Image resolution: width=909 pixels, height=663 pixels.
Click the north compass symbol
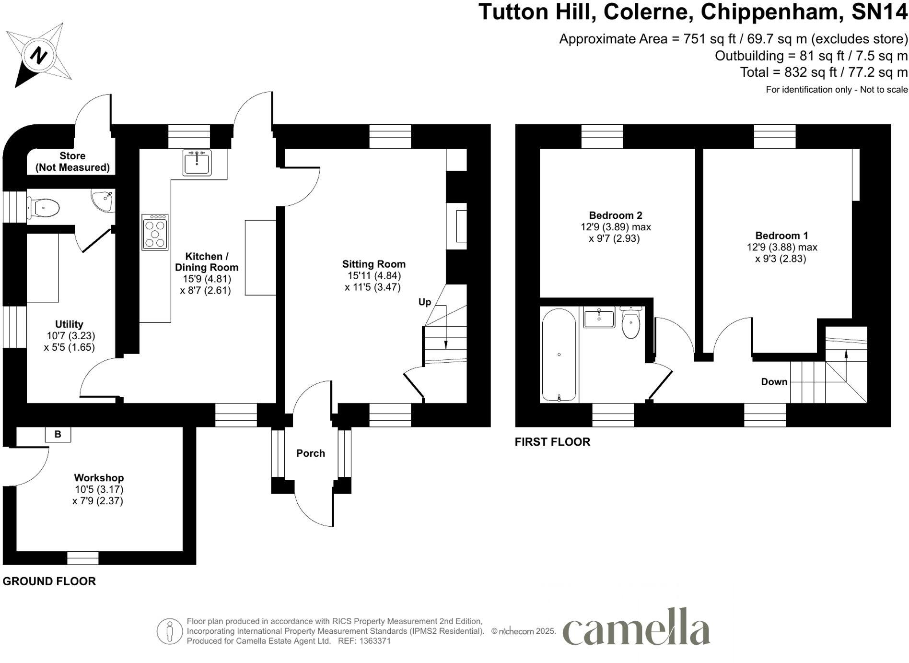[x=38, y=55]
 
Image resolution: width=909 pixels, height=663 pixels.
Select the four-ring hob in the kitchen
[x=155, y=232]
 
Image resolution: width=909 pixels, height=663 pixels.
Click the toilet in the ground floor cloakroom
[x=44, y=208]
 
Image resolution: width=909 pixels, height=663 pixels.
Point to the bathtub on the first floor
[x=559, y=355]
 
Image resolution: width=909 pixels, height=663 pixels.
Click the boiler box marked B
[x=58, y=434]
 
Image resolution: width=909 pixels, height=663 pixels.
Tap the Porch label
[x=310, y=453]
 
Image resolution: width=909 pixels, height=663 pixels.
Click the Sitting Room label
[x=373, y=264]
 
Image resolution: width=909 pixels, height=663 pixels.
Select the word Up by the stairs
[x=425, y=302]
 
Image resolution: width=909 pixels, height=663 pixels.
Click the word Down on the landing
[x=774, y=382]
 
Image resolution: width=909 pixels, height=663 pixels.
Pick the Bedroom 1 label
[x=781, y=236]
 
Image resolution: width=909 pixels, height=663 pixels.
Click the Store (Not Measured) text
[x=72, y=162]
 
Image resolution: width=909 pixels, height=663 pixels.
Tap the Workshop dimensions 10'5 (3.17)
[x=99, y=489]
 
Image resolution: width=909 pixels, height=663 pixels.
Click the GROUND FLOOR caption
[x=49, y=581]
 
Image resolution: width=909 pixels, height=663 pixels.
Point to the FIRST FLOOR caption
[x=552, y=442]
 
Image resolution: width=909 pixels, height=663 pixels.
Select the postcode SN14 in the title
[x=879, y=12]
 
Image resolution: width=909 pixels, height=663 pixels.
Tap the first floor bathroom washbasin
[x=599, y=318]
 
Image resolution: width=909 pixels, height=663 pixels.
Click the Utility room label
[x=69, y=324]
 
